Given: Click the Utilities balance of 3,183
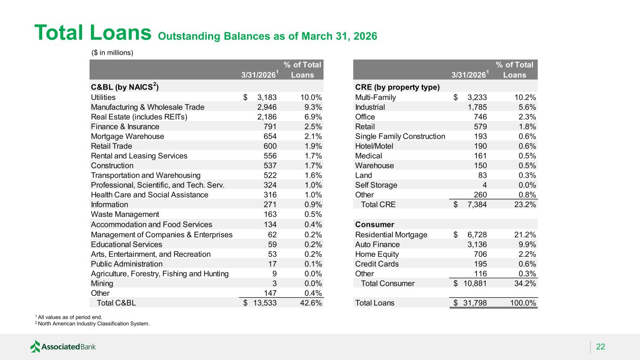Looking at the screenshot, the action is coord(267,97).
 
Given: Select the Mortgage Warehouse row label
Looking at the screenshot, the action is coord(128,136).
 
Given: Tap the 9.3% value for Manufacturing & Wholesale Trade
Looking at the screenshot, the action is coord(313,107).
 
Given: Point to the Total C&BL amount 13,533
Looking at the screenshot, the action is coord(265,303).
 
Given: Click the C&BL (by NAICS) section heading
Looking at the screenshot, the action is coord(125,87).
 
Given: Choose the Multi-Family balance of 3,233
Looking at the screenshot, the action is coord(477,97).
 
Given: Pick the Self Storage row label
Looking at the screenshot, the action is coord(376,185).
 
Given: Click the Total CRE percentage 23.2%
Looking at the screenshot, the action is coord(525,204).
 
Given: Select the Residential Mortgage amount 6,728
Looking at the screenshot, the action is coord(477,234).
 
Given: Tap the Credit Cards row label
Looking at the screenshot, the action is coord(377,264).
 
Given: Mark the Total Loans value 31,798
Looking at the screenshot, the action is coord(475,303).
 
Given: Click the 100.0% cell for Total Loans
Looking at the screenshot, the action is coord(523,303).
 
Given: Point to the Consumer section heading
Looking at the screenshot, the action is coord(375,225).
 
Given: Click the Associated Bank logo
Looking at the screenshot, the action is coord(63,346).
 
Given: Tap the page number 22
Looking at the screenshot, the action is coord(601,346).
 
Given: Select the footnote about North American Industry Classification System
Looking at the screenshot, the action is coord(92,323).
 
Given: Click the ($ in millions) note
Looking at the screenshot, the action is coord(112,52).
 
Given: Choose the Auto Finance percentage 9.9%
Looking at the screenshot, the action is coord(527,244).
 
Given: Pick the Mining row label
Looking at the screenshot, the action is coord(102,284).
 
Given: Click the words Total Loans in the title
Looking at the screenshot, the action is coord(93,32).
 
